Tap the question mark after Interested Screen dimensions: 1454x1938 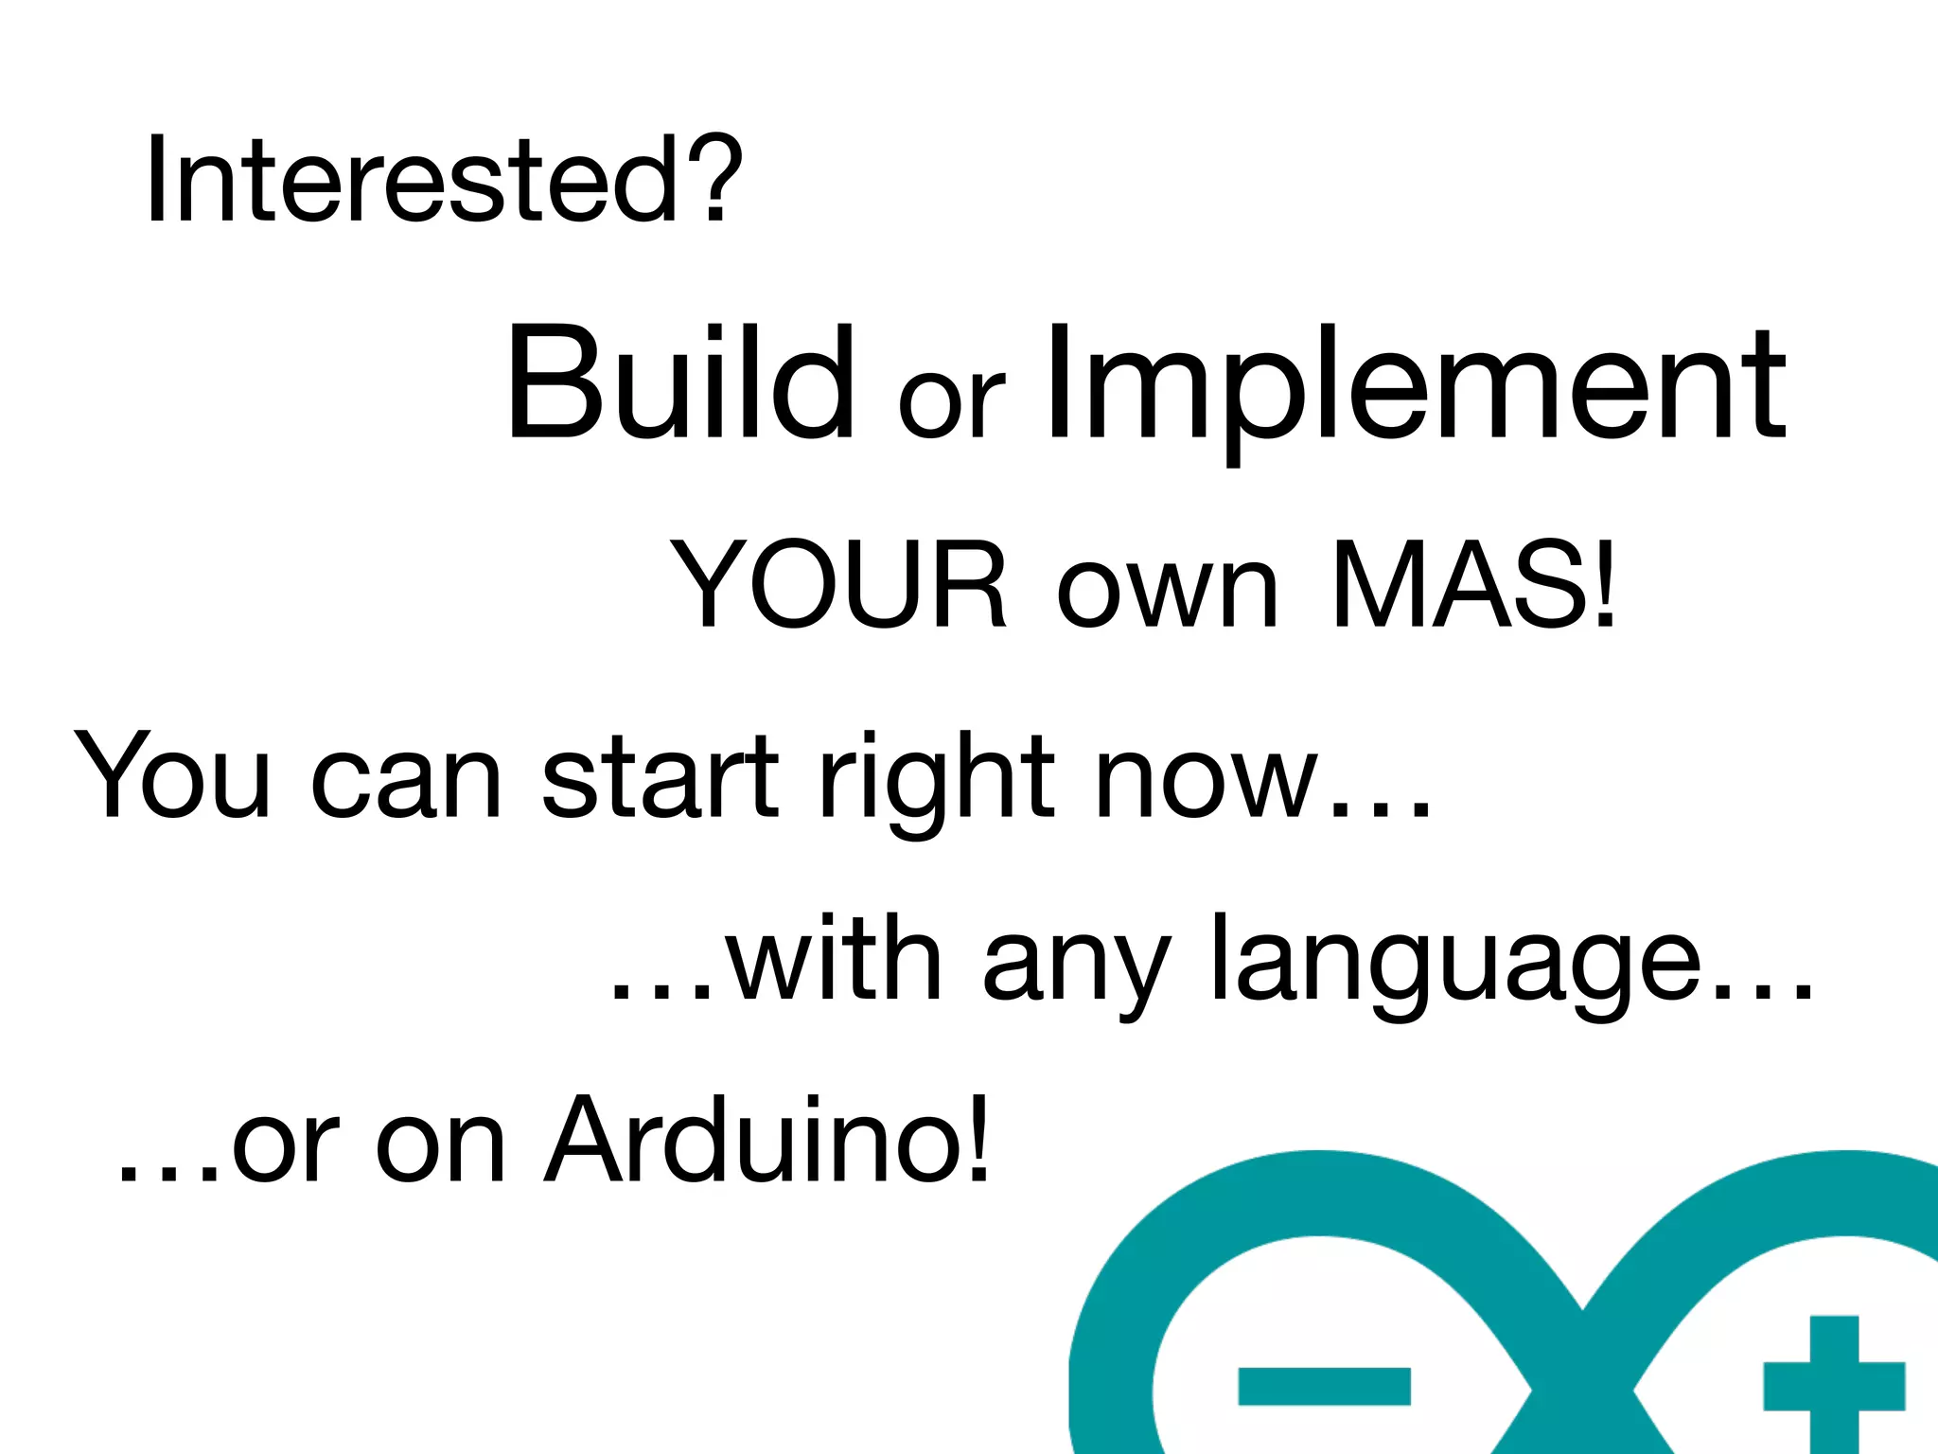(x=714, y=180)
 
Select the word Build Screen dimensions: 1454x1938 (x=679, y=383)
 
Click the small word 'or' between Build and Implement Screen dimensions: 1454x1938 (x=950, y=402)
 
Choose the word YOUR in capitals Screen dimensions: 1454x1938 (x=838, y=585)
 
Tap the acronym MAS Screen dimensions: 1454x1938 (x=1458, y=585)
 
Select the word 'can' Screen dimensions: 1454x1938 (x=406, y=786)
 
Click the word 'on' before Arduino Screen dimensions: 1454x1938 (x=440, y=1150)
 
